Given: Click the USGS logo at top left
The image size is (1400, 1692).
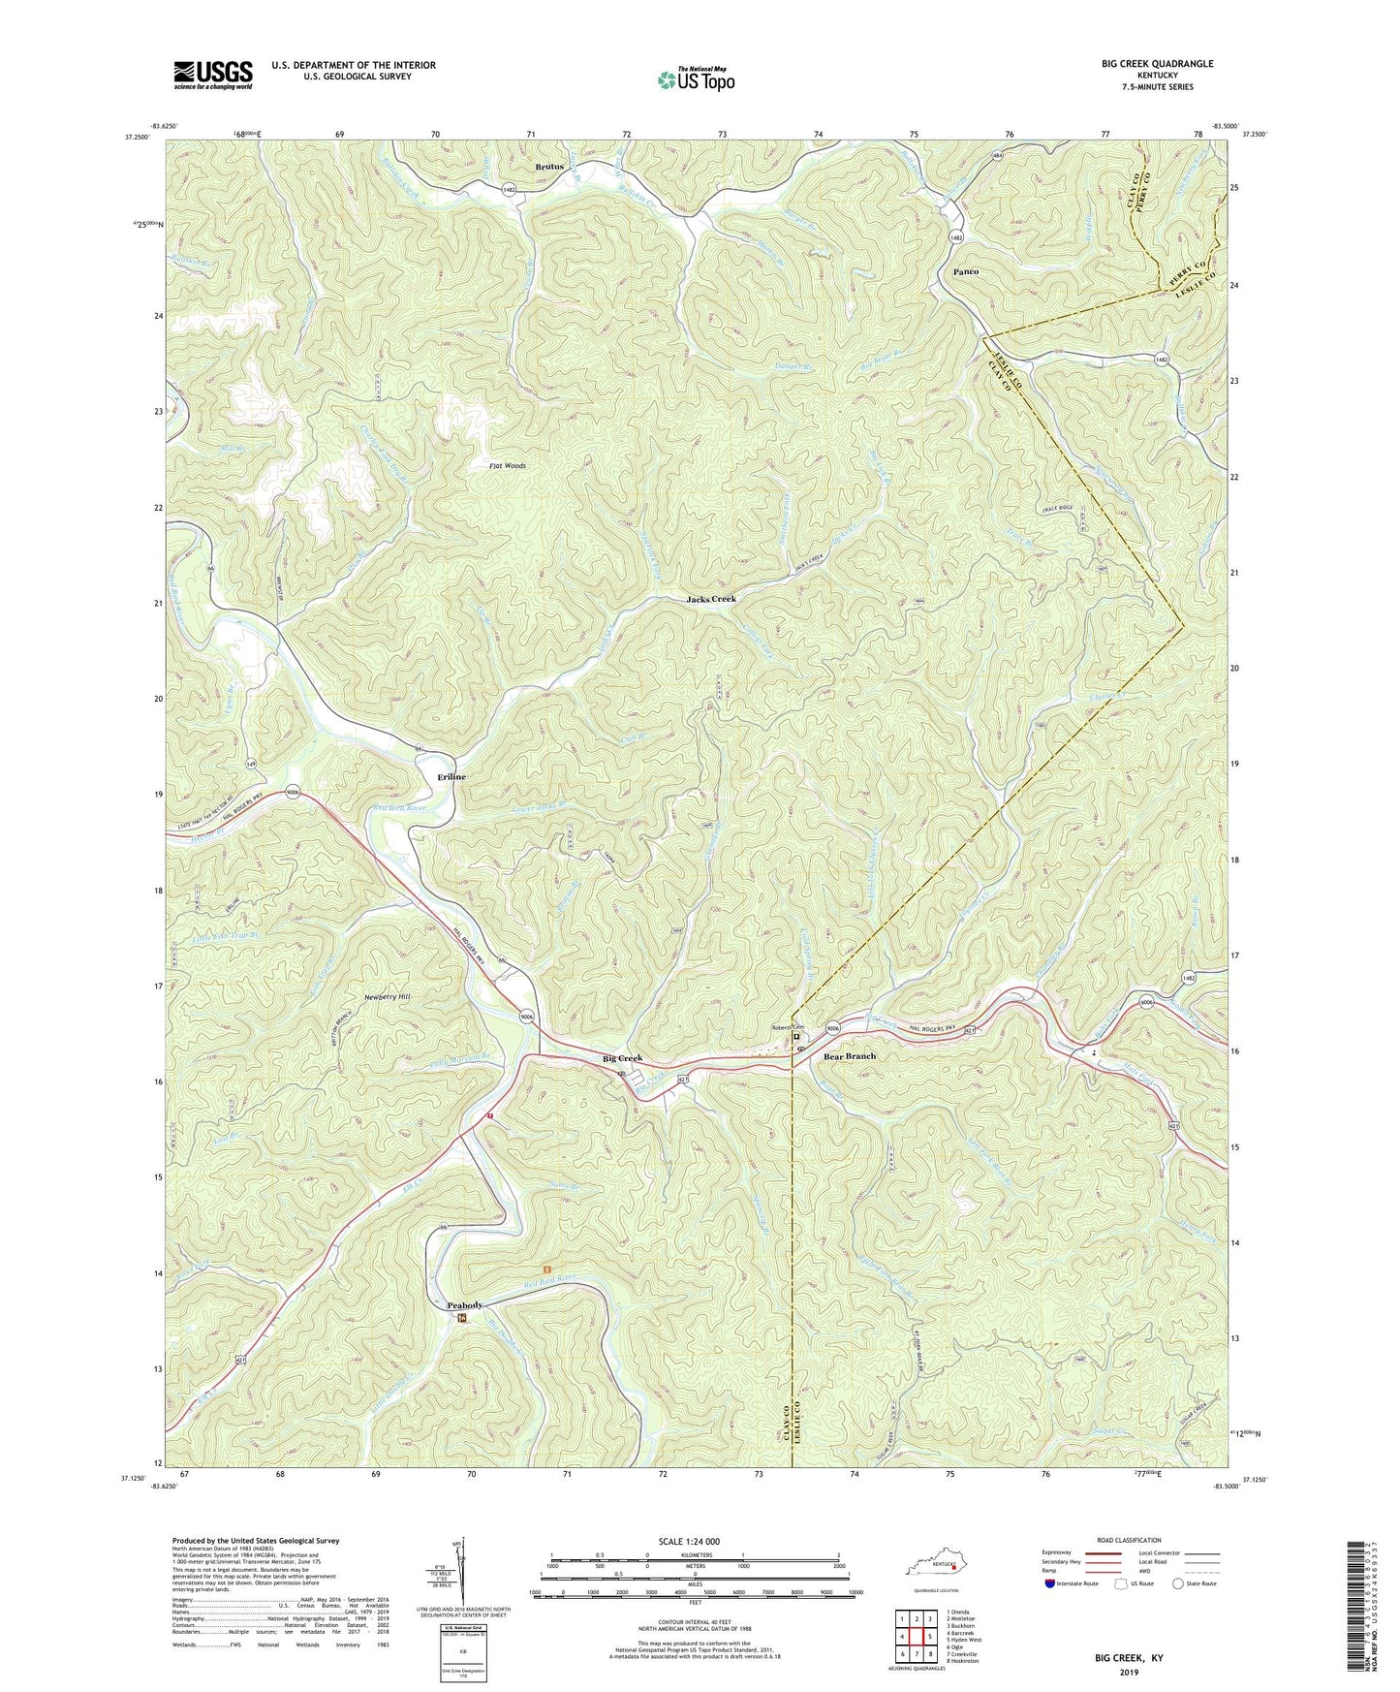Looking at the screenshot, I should point(212,74).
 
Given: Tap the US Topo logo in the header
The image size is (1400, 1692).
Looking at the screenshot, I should point(694,79).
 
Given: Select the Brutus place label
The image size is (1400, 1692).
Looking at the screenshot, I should point(549,167).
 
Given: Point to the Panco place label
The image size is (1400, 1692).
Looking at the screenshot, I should point(959,272).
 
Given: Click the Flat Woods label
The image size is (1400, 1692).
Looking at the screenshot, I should point(507,466).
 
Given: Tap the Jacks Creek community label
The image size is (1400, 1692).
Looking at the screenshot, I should point(711,599).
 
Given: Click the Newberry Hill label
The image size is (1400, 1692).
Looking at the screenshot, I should point(387,996).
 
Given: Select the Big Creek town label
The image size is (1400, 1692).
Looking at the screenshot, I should point(622,1058).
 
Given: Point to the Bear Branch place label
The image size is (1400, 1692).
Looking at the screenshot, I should point(849,1056).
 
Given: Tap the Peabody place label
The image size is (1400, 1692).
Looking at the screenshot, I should point(464,1305).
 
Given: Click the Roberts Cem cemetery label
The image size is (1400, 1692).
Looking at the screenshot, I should point(788,1028).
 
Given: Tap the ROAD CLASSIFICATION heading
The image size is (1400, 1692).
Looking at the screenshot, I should point(1128,1540).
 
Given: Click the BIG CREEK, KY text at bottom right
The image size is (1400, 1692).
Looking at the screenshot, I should point(1129,1657).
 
